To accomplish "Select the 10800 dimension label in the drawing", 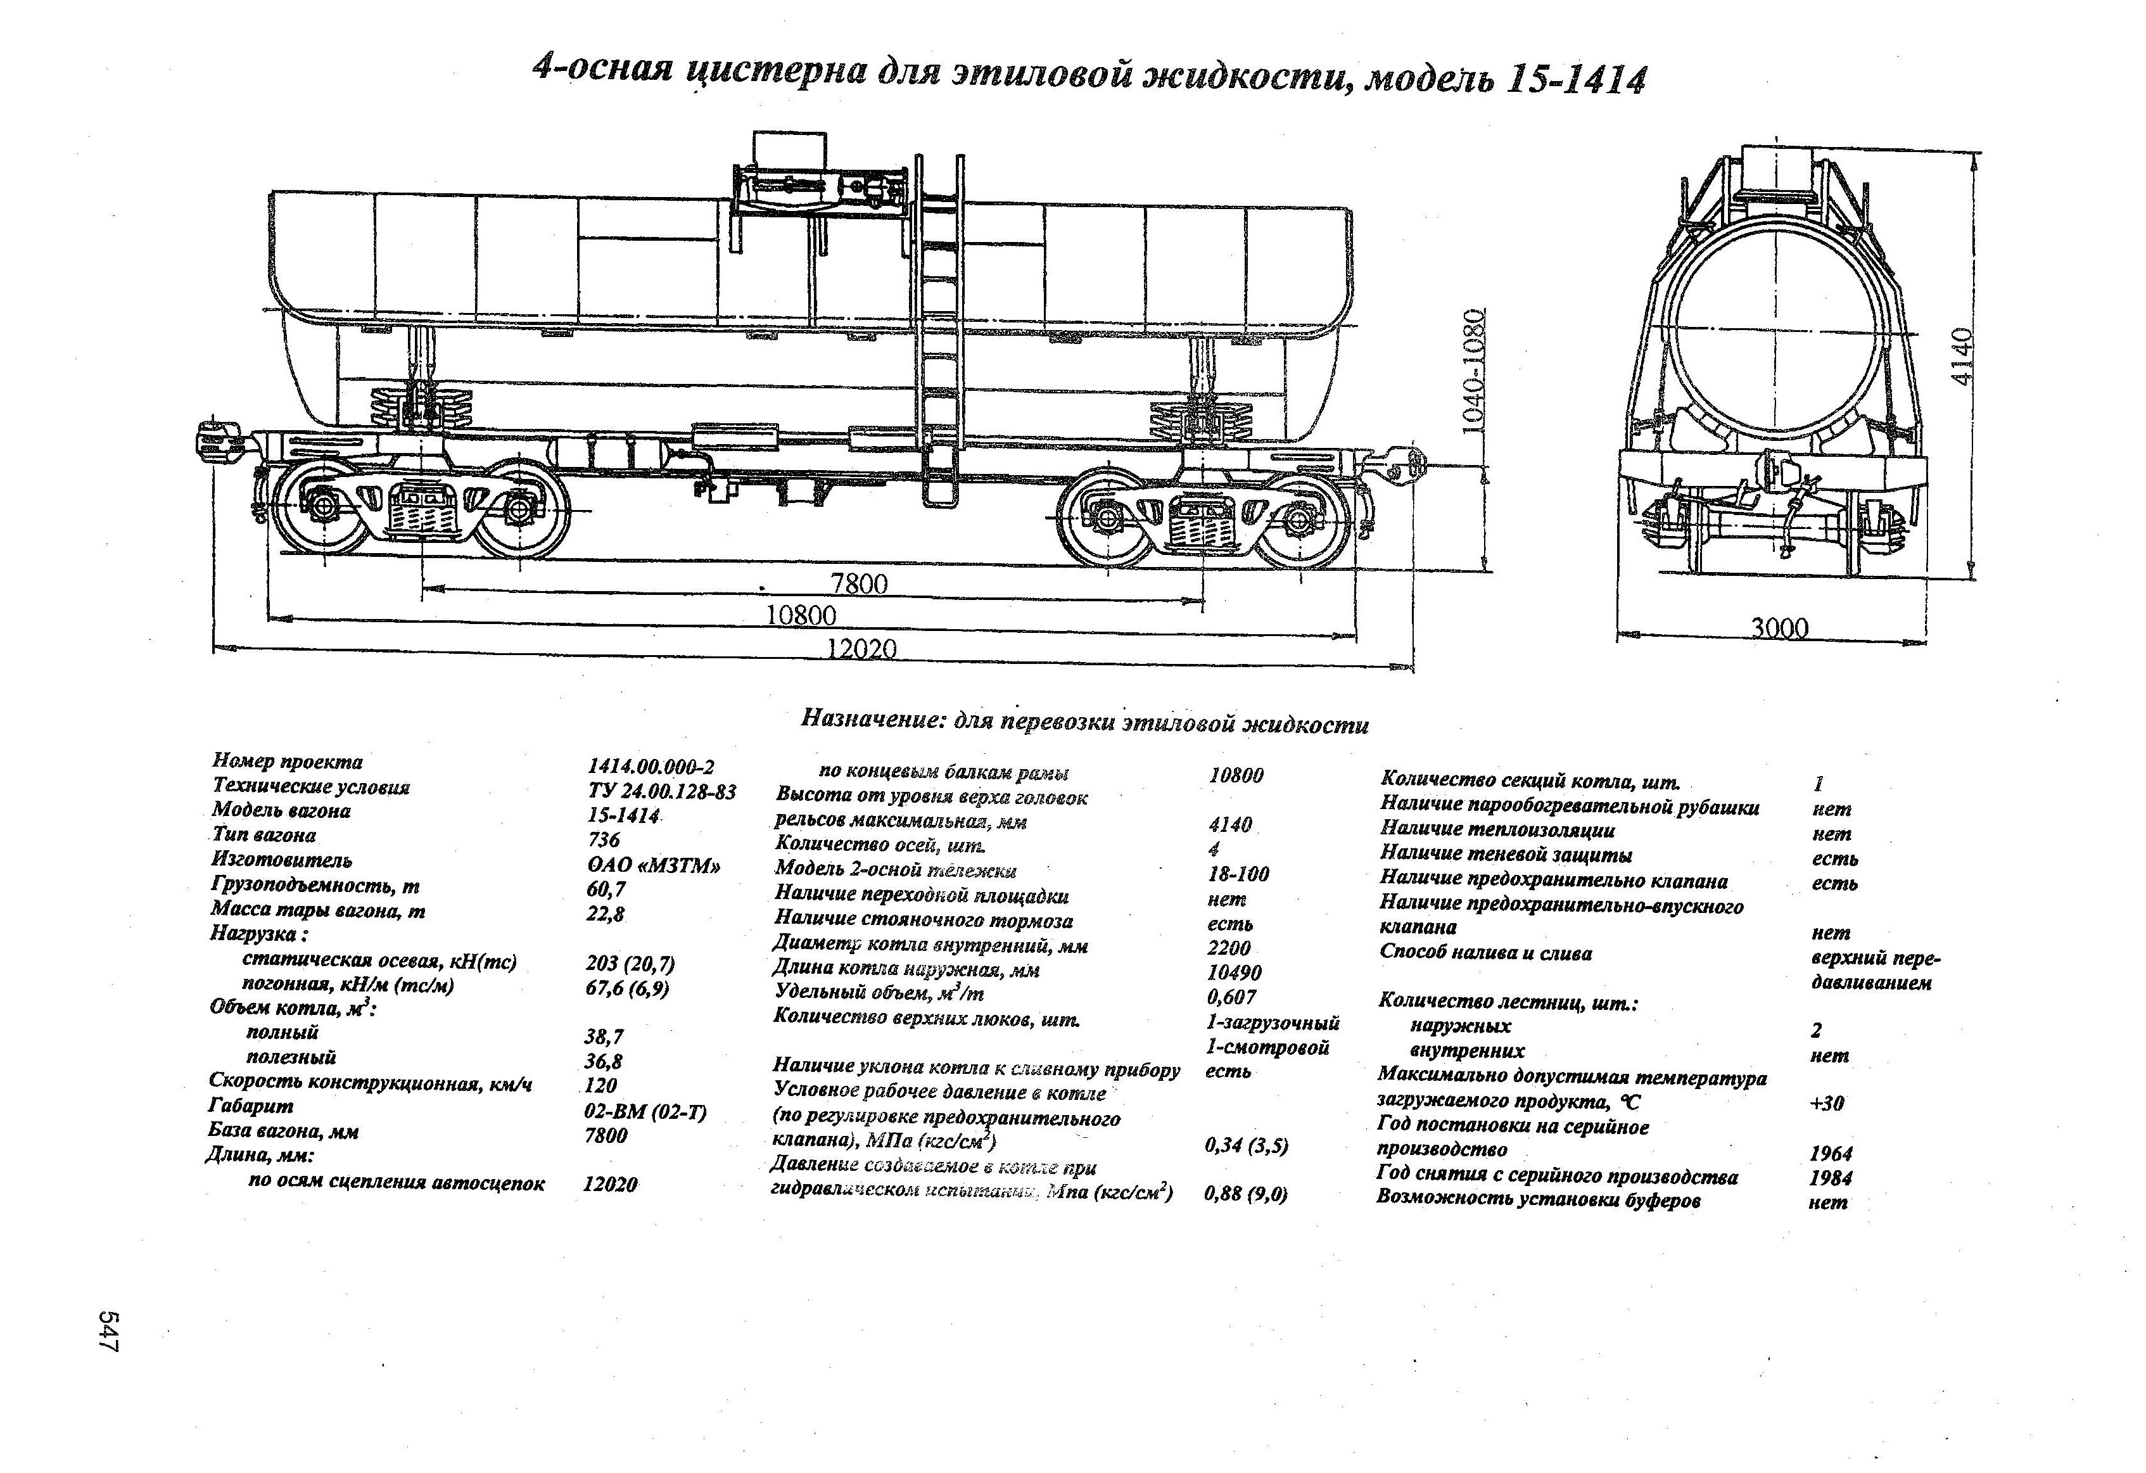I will tap(801, 615).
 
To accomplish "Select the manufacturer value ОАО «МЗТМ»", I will tap(653, 865).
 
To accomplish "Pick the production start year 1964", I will tap(1830, 1154).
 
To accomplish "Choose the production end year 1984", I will tap(1830, 1178).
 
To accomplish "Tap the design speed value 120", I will tap(600, 1086).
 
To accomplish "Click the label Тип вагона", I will tap(264, 836).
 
